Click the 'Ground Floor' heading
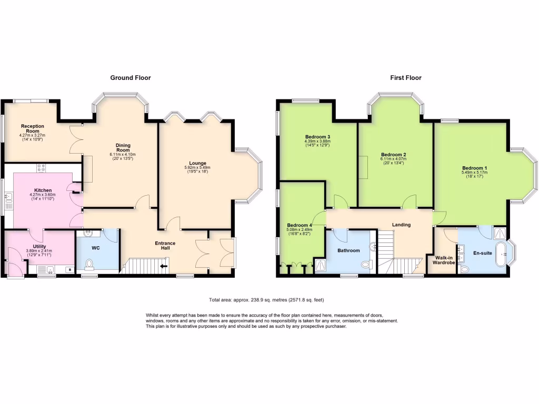[130, 78]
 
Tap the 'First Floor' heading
[405, 78]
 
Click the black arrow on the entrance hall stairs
[164, 266]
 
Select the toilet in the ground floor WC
[89, 264]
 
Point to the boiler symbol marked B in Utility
[69, 269]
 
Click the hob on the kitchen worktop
[41, 168]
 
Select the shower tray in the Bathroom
[320, 266]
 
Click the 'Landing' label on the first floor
[401, 225]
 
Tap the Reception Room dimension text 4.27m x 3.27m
[33, 134]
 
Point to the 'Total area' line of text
[266, 299]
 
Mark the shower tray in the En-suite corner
[499, 233]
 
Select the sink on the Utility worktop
[49, 270]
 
